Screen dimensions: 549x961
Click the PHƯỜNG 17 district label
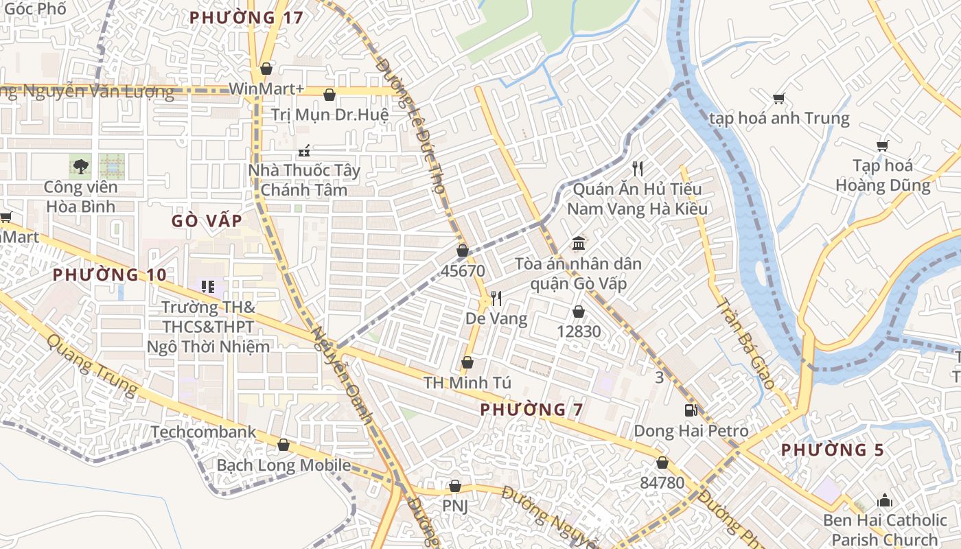point(246,18)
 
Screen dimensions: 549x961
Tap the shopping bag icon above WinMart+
point(266,69)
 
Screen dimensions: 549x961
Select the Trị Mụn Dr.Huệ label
point(329,115)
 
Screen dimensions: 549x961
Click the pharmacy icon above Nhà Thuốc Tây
point(303,150)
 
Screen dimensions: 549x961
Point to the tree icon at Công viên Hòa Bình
point(81,165)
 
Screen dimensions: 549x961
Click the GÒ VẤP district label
point(207,220)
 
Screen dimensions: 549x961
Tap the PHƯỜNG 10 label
point(110,274)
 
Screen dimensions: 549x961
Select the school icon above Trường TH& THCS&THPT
point(208,286)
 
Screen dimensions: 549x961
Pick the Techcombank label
point(203,432)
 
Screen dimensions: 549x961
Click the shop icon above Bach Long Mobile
point(283,445)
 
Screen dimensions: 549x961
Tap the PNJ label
point(454,506)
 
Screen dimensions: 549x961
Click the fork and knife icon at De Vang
point(496,298)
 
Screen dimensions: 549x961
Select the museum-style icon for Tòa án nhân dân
point(578,244)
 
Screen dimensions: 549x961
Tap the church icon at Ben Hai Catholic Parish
point(885,500)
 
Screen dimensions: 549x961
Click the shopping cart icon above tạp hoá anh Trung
point(778,98)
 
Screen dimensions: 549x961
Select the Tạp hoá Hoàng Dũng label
point(883,175)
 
